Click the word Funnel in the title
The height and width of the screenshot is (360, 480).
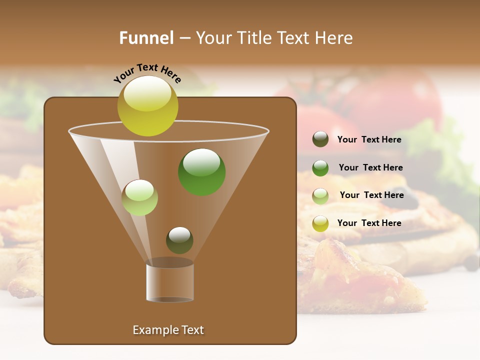146,38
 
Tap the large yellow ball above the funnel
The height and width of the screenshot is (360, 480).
148,105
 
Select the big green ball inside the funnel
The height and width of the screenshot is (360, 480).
201,172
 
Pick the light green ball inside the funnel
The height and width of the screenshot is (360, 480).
139,197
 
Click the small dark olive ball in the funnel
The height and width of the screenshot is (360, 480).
179,240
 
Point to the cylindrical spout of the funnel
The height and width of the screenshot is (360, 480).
170,282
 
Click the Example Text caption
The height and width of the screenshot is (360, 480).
168,330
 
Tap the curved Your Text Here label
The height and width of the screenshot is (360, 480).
147,72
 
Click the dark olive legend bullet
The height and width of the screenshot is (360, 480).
320,139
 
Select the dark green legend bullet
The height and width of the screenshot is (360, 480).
320,168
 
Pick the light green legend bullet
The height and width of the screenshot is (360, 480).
320,195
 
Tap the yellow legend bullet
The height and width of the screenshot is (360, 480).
320,223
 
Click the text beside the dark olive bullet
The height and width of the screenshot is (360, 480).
369,140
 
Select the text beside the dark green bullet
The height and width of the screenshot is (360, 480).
370,168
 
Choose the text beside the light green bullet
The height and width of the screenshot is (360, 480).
371,195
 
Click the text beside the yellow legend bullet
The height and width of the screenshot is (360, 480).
369,223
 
